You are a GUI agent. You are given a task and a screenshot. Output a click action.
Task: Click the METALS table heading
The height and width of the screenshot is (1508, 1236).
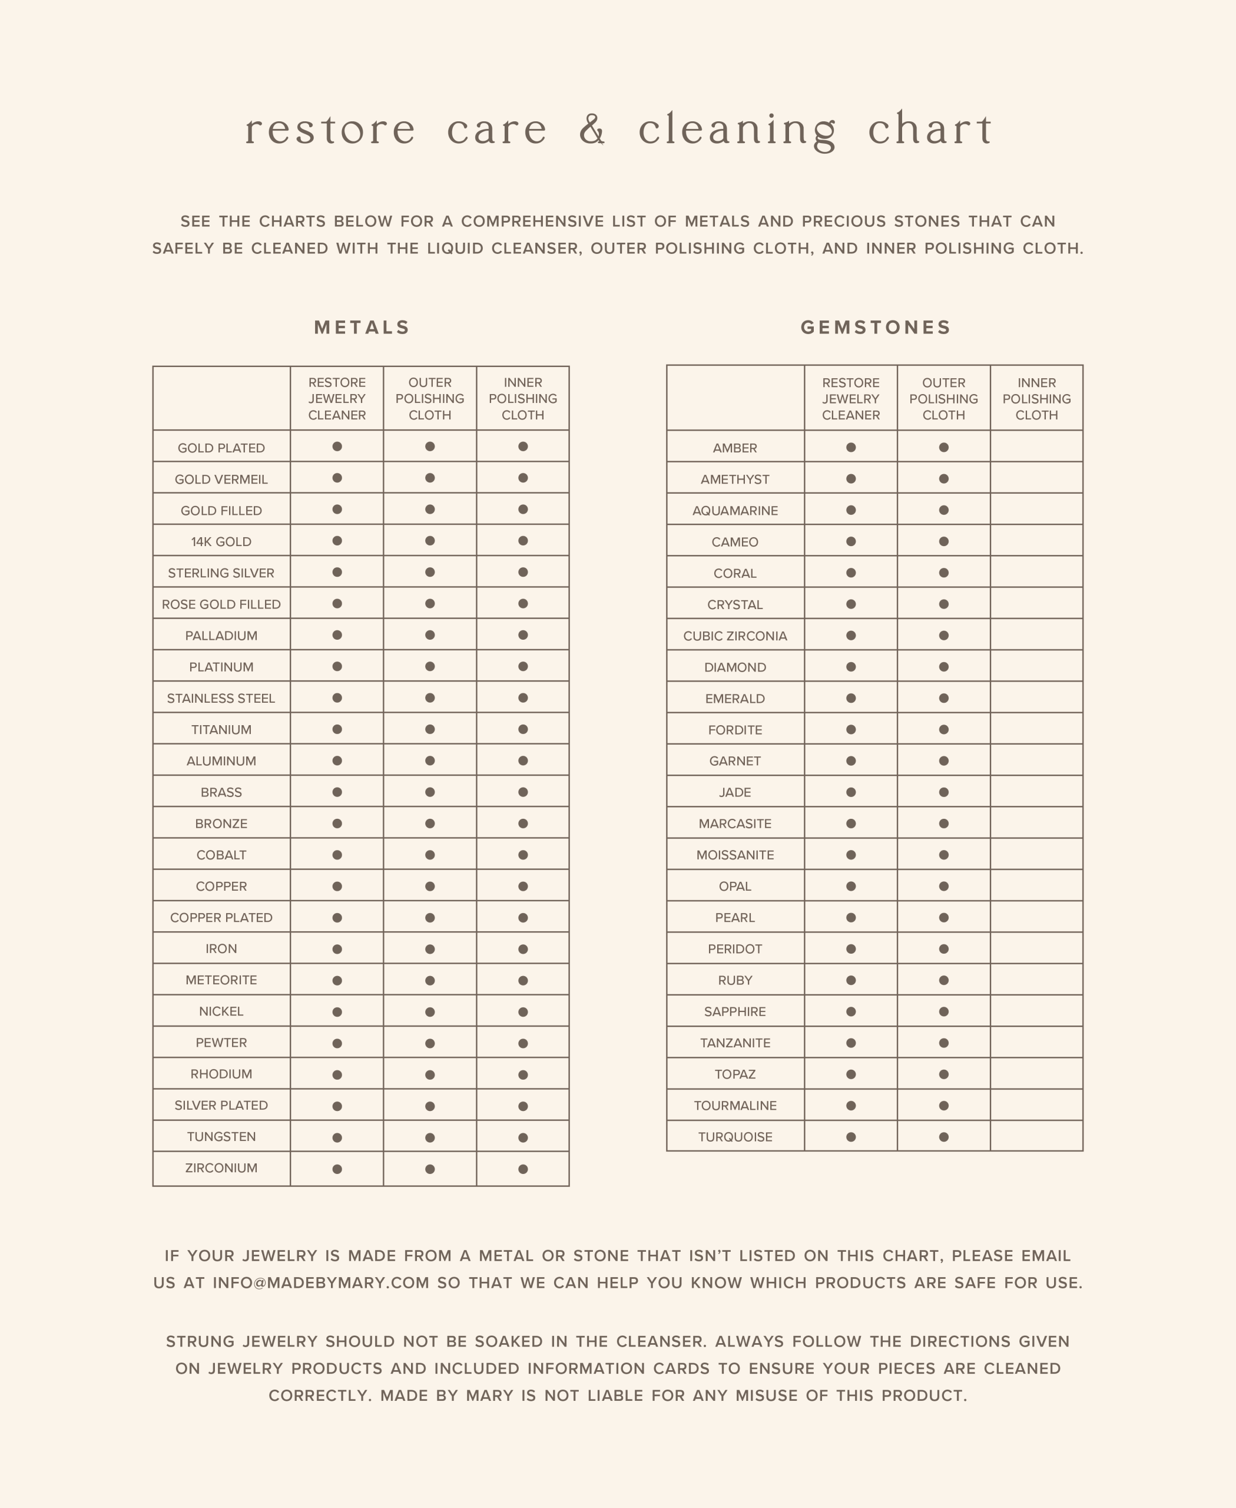click(362, 327)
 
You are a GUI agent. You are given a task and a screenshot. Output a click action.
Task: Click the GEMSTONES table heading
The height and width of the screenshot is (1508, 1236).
click(876, 327)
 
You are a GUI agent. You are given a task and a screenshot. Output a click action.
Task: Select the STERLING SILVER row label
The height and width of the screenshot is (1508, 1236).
click(221, 573)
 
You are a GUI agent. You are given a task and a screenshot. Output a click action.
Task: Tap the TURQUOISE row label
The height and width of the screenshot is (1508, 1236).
click(735, 1137)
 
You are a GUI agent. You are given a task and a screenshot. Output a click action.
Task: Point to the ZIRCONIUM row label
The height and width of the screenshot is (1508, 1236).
click(221, 1168)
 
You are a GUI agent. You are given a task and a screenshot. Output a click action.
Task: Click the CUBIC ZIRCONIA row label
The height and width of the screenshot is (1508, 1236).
click(735, 636)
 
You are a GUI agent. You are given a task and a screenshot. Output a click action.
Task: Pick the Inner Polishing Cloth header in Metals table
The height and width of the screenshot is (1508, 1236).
click(522, 398)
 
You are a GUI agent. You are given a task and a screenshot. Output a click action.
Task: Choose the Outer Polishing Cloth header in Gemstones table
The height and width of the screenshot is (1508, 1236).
click(943, 398)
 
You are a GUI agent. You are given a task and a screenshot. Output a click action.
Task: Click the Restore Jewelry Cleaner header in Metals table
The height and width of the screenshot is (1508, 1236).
click(337, 398)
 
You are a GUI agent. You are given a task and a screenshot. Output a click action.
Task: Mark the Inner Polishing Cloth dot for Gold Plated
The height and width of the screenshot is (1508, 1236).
click(522, 447)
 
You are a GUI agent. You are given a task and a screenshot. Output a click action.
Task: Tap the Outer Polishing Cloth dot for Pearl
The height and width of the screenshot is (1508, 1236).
click(943, 918)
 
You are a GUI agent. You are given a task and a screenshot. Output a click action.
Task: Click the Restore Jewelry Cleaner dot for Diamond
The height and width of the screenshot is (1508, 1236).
click(851, 667)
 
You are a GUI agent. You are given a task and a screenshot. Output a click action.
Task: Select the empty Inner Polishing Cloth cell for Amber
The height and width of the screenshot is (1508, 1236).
click(1036, 447)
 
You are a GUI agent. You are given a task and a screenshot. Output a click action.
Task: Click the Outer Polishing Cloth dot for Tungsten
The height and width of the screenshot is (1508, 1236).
click(430, 1137)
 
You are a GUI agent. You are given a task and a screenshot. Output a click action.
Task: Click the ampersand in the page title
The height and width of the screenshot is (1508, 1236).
click(592, 130)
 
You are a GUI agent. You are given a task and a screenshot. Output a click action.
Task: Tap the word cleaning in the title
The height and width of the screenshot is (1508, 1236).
click(738, 130)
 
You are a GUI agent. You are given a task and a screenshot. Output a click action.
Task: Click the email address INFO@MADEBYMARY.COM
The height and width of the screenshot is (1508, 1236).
click(320, 1283)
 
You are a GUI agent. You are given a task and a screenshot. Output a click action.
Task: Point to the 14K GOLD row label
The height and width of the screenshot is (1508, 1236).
click(221, 541)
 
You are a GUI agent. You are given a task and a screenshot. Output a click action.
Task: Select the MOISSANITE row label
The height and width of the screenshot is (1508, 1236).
click(735, 855)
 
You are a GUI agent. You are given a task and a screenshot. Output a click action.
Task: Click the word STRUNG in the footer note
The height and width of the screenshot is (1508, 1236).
click(200, 1341)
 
